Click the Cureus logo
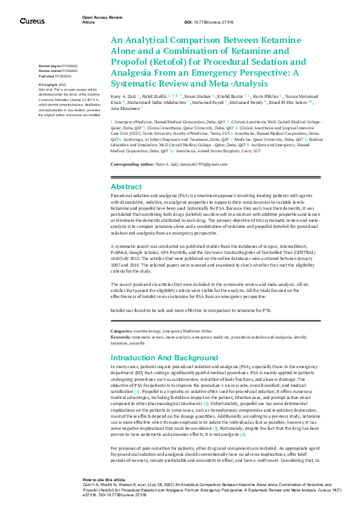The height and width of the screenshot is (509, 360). point(31,21)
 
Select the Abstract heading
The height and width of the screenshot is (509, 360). point(126,170)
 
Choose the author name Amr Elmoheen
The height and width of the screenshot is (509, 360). point(126,110)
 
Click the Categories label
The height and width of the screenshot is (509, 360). point(122,331)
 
